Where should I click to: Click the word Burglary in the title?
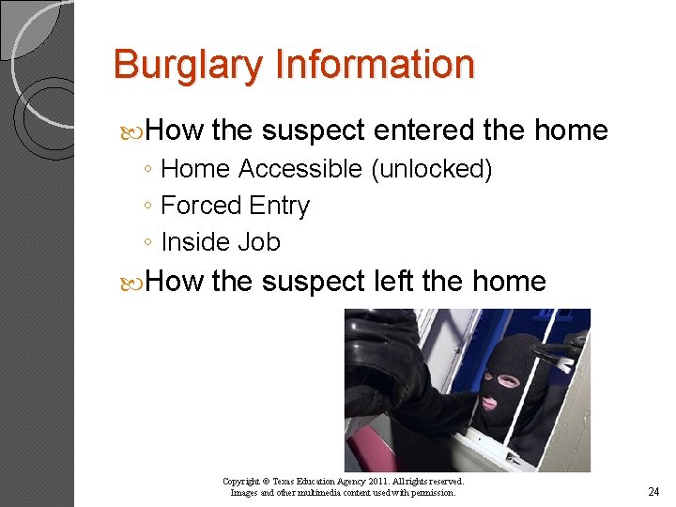click(189, 66)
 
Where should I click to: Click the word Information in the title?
click(375, 66)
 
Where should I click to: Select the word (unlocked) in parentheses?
click(432, 169)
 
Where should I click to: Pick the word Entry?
click(280, 206)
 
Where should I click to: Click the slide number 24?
click(653, 492)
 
